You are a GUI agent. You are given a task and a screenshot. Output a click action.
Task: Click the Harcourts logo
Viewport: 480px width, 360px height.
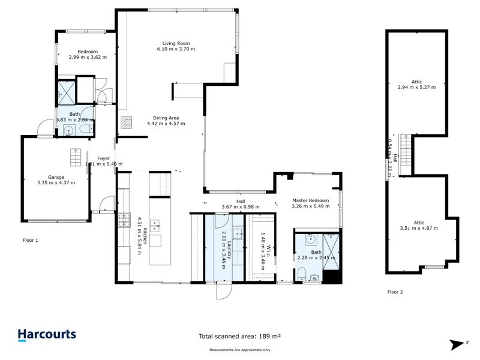46,335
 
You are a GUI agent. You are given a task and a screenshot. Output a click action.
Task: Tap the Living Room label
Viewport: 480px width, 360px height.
176,43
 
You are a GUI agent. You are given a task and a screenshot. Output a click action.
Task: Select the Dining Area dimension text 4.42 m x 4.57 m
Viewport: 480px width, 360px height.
166,124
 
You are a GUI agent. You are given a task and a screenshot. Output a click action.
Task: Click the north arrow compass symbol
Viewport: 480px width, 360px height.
459,344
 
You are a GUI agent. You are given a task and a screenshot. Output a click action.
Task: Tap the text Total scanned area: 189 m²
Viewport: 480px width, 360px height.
240,337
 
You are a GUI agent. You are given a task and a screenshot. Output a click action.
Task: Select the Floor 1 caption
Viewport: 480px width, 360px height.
31,240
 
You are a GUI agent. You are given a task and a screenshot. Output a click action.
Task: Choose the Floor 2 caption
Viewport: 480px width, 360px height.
395,292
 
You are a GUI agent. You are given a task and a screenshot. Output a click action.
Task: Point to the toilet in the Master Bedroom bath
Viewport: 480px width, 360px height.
302,276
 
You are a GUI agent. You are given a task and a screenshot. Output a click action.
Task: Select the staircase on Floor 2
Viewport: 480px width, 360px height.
406,152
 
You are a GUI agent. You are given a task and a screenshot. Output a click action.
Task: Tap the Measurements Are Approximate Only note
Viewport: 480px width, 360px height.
240,349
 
